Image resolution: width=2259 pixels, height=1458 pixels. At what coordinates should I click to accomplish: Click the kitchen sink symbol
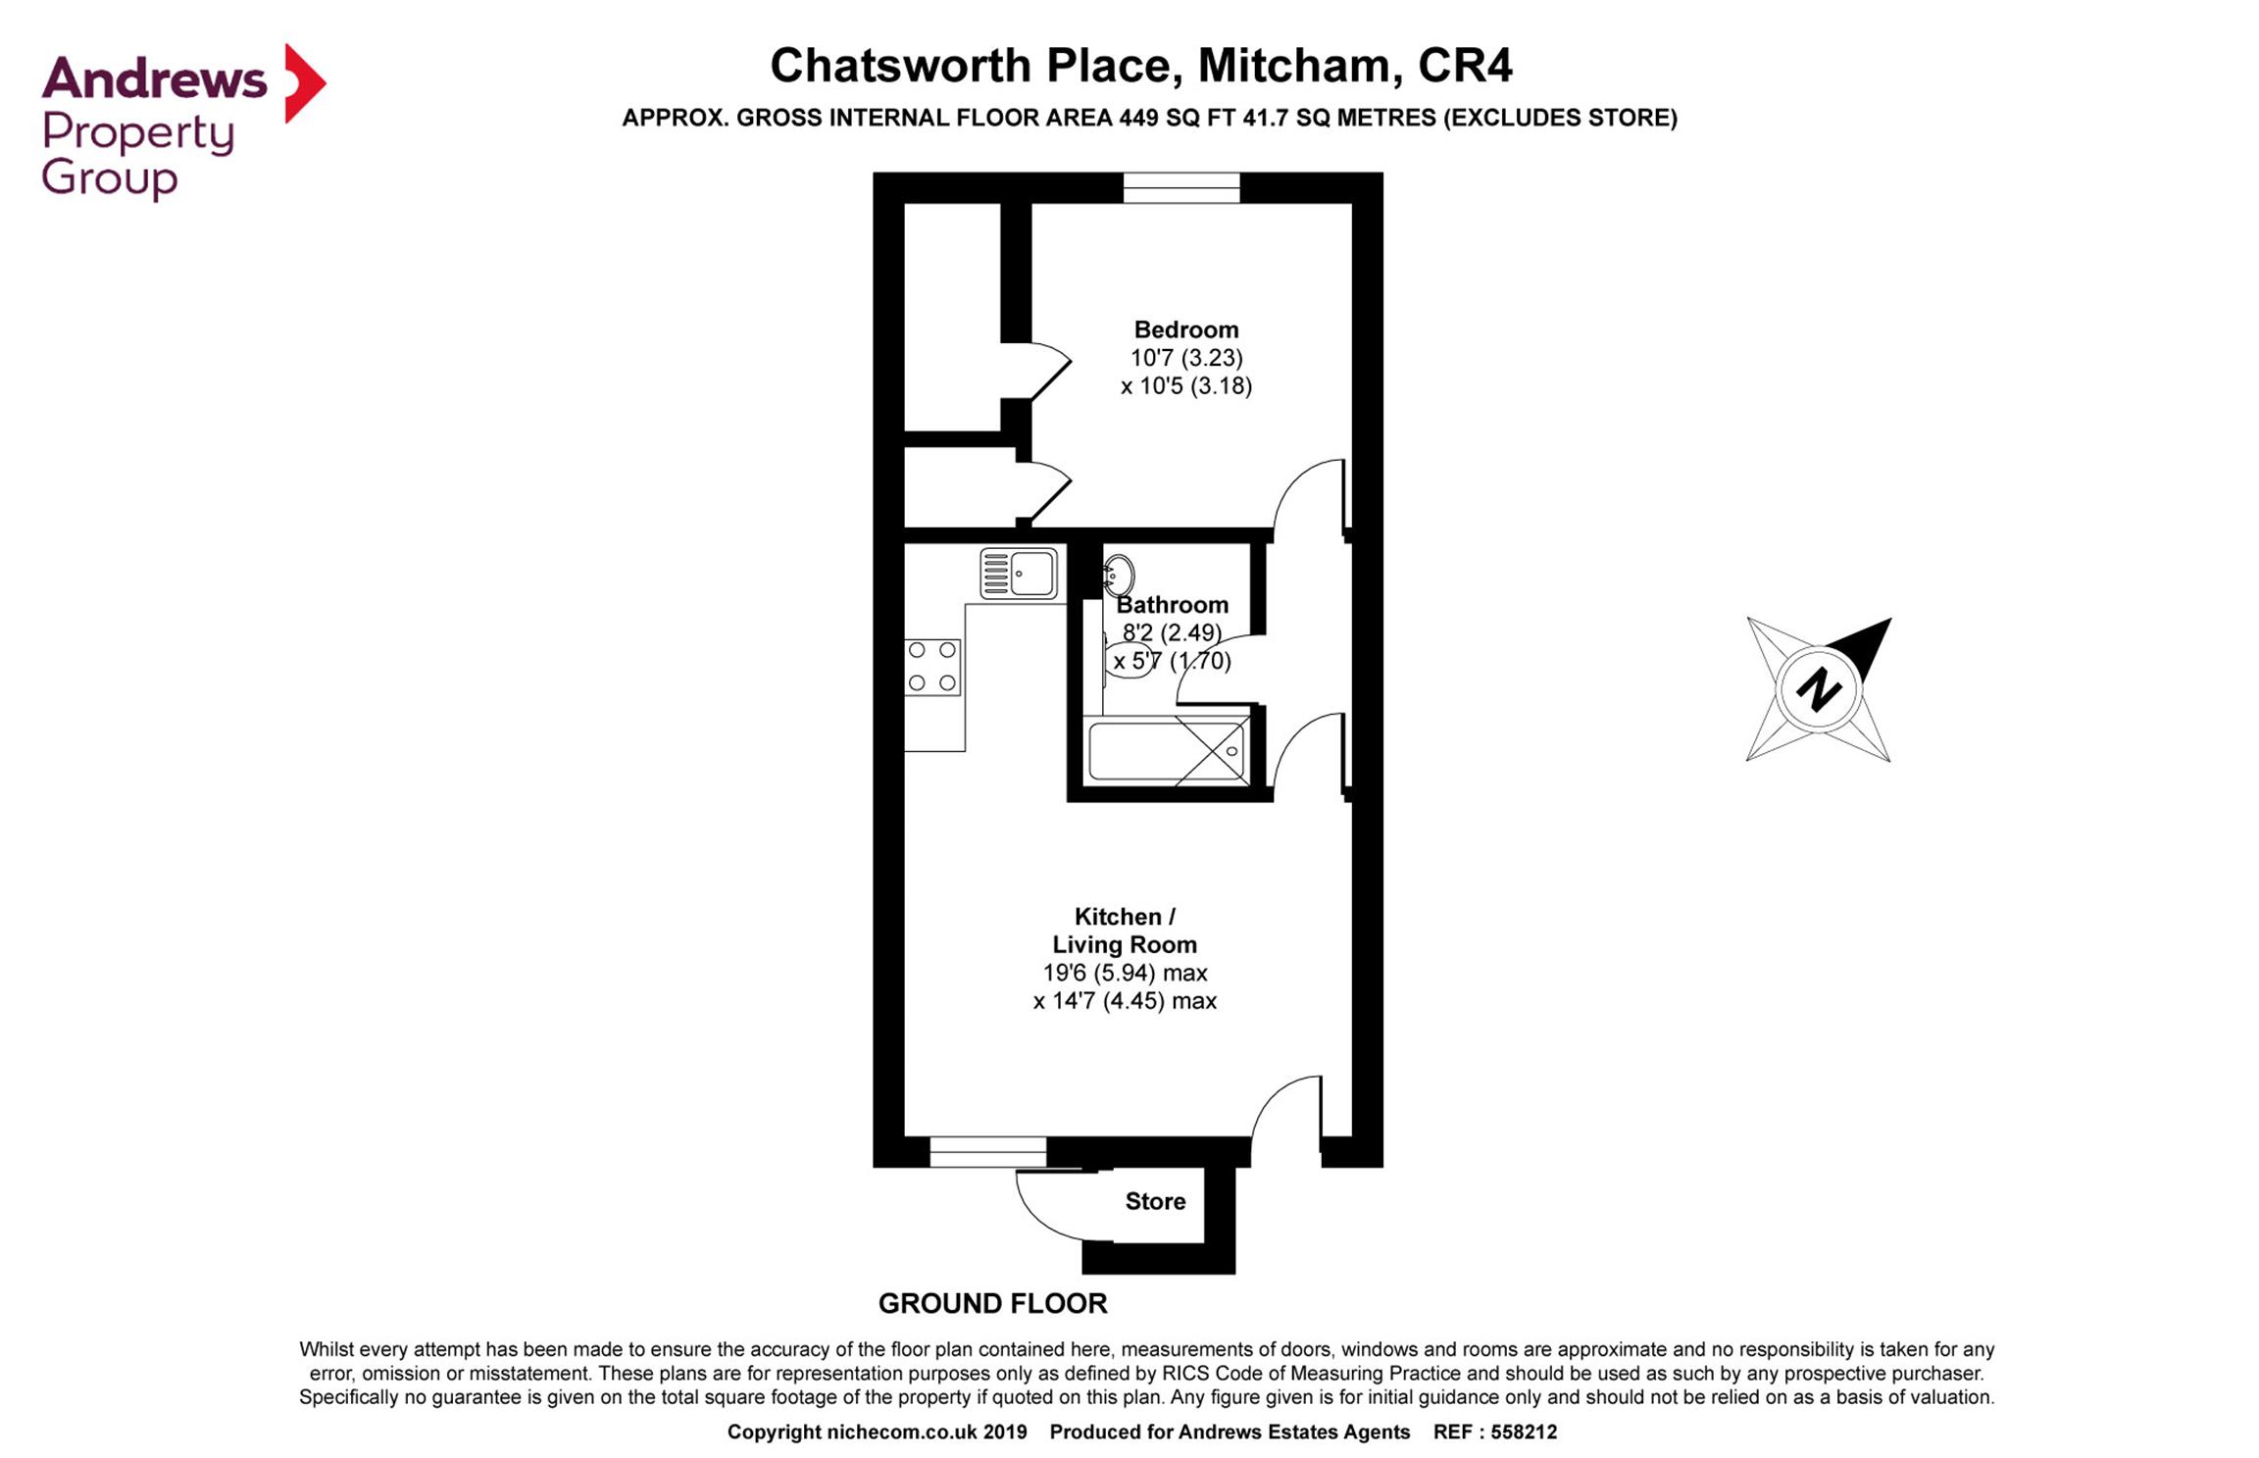click(1019, 573)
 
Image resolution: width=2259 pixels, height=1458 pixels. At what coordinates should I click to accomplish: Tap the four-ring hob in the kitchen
click(932, 667)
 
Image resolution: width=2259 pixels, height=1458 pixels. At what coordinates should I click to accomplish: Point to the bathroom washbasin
click(1119, 575)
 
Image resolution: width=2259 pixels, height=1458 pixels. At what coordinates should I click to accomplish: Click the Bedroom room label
click(1185, 329)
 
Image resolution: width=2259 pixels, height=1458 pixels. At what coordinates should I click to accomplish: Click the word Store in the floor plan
click(1155, 1201)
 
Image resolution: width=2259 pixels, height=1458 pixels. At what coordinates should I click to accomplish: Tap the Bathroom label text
click(1172, 605)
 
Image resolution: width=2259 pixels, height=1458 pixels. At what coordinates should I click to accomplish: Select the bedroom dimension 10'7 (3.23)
click(1185, 358)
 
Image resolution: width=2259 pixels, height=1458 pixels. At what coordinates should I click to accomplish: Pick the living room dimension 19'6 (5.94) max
click(1125, 973)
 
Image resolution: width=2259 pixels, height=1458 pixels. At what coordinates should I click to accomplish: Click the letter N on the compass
click(1818, 689)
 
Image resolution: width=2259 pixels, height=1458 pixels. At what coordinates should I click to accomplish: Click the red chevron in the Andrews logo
click(304, 83)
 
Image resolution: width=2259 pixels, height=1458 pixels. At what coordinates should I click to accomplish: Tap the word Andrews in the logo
click(154, 78)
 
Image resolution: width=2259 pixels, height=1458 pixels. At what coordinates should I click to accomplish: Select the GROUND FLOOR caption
click(992, 1303)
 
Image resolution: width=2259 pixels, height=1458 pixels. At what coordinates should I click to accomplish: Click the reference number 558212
click(1524, 1432)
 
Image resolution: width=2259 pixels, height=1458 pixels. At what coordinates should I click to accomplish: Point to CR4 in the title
click(1465, 66)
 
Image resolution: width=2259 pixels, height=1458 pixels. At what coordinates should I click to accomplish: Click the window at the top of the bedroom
click(1181, 187)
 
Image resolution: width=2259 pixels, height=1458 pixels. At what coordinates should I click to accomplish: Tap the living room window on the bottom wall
click(988, 1151)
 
